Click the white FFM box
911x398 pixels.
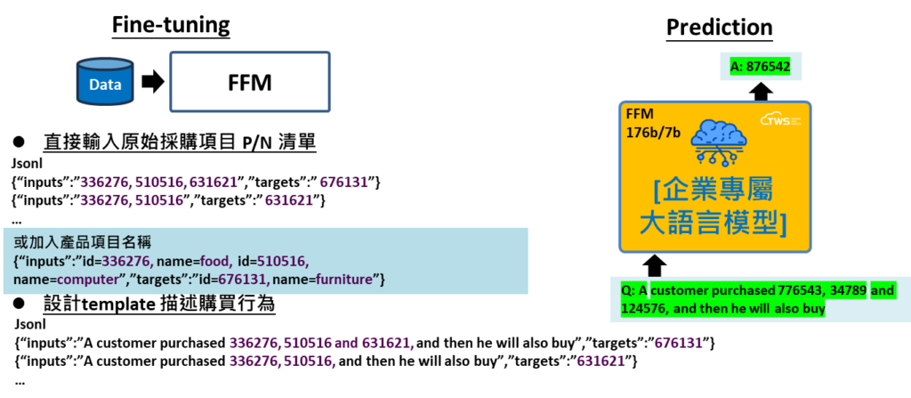(249, 82)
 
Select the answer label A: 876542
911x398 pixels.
(754, 67)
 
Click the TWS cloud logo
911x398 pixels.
(779, 118)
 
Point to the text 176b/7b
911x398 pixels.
(653, 133)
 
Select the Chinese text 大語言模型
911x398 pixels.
(713, 223)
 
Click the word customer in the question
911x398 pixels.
(683, 291)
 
